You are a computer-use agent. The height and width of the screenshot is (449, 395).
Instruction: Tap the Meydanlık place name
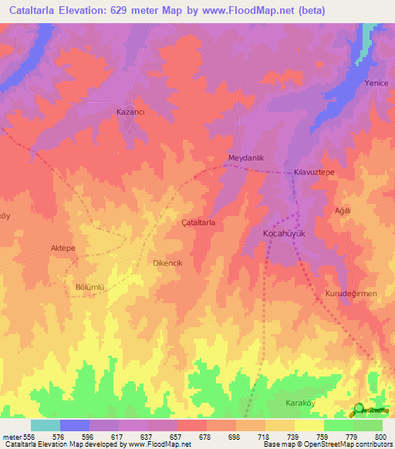[246, 158]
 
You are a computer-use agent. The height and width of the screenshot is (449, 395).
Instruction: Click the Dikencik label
[167, 263]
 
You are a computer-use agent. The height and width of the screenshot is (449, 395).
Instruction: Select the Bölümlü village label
[89, 288]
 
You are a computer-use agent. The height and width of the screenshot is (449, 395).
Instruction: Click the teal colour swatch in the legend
[46, 425]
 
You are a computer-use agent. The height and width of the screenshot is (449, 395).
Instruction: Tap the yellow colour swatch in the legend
[309, 425]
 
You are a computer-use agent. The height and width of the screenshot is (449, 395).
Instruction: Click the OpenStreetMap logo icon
[359, 409]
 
